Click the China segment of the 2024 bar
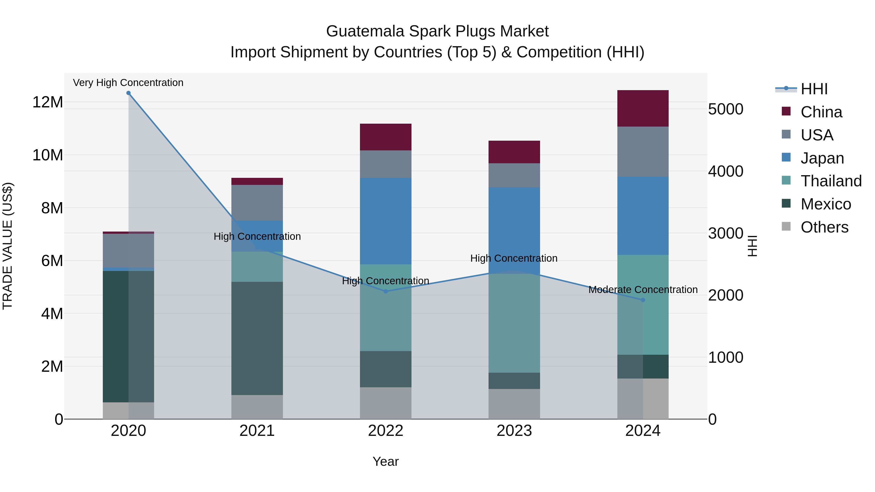coord(643,108)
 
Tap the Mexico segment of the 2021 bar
coord(257,338)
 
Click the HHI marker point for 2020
coord(128,93)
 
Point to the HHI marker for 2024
coord(643,300)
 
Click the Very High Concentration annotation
coord(128,83)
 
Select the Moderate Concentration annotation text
coord(643,290)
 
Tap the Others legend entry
coord(824,227)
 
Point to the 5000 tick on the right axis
coord(726,109)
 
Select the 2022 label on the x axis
coord(385,431)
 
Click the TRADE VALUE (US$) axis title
coord(8,246)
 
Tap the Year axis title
coord(385,461)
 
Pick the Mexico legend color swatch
coord(786,203)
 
